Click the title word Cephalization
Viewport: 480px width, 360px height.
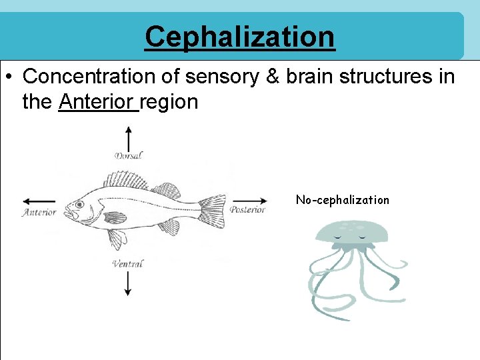pyautogui.click(x=240, y=36)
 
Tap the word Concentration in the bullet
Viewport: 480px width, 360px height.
pyautogui.click(x=83, y=77)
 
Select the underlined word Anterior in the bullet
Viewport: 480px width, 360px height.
pyautogui.click(x=98, y=102)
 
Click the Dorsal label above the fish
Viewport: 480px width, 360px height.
pyautogui.click(x=129, y=156)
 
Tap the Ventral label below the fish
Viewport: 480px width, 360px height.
pyautogui.click(x=128, y=264)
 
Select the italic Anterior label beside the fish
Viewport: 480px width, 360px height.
pyautogui.click(x=39, y=213)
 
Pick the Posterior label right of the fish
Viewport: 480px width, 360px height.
pyautogui.click(x=247, y=209)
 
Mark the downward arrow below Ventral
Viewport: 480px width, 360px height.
pyautogui.click(x=128, y=283)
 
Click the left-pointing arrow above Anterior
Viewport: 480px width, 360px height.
pyautogui.click(x=39, y=201)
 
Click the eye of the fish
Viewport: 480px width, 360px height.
pyautogui.click(x=79, y=205)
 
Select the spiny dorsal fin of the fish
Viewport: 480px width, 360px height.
pyautogui.click(x=125, y=180)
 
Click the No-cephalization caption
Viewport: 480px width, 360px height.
pyautogui.click(x=342, y=200)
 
